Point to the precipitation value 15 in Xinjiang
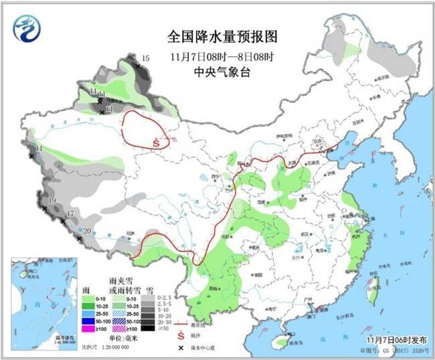click(x=145, y=60)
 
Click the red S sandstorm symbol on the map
click(x=156, y=142)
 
